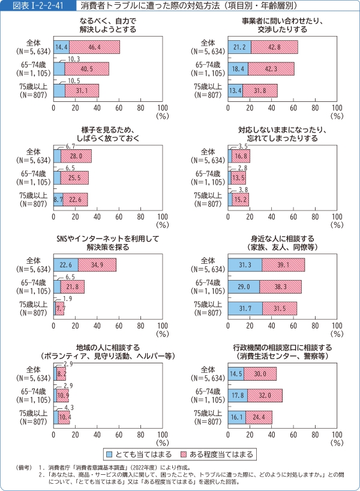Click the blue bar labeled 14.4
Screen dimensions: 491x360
point(61,47)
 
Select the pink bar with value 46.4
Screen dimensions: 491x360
point(94,47)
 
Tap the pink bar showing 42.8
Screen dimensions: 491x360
point(274,47)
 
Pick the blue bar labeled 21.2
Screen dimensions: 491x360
point(239,47)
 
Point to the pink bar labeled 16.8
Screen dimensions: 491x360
point(241,156)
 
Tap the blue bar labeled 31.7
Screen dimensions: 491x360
point(245,308)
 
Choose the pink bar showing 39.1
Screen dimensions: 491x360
point(283,265)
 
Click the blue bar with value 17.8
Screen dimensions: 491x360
point(238,396)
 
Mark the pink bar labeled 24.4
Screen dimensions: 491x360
point(259,417)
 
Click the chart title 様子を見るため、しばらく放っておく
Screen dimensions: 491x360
point(108,134)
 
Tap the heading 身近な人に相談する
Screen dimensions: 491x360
point(283,239)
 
